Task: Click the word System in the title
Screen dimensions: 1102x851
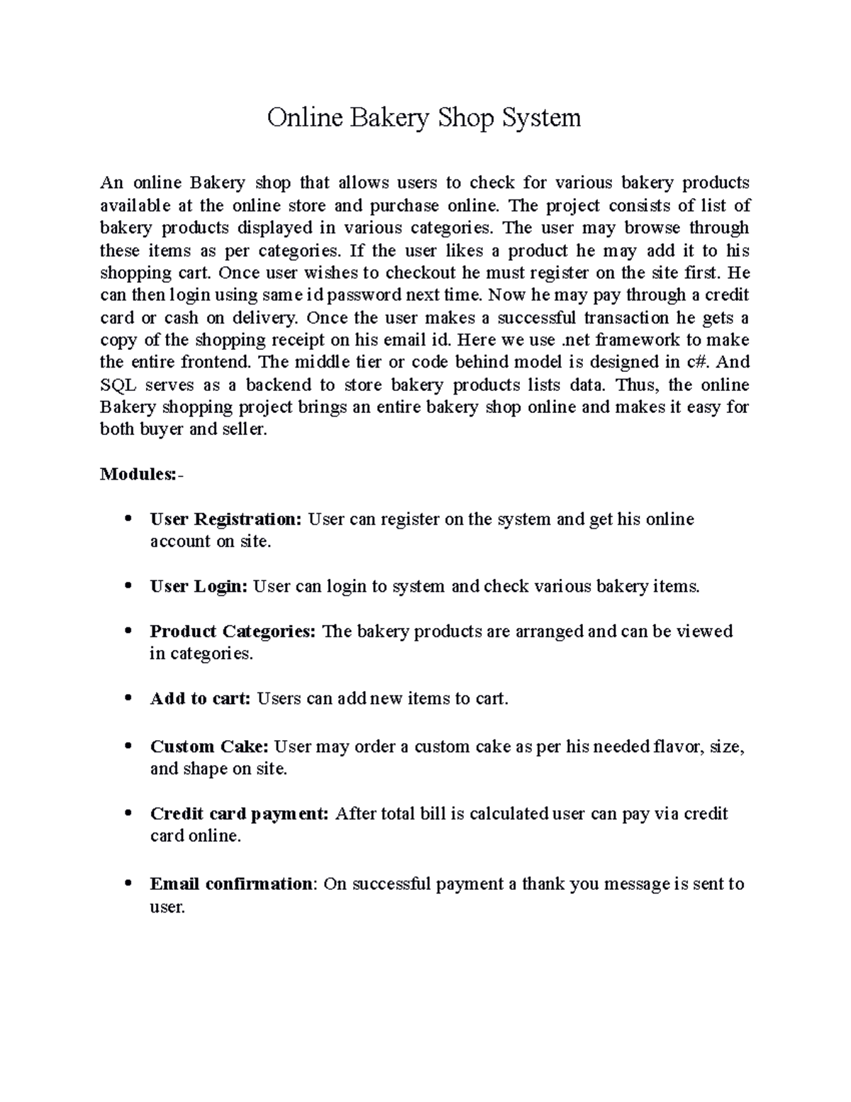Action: point(541,118)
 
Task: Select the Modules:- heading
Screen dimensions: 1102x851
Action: point(141,474)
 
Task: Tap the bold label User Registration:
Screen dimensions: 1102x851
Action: point(226,519)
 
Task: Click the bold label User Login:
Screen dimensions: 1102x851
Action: point(199,587)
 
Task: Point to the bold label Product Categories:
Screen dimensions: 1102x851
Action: point(233,632)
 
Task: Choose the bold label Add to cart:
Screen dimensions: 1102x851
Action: point(201,699)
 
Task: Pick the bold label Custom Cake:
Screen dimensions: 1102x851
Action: point(209,746)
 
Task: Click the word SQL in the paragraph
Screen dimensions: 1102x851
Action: point(117,385)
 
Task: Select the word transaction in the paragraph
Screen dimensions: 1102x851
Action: point(626,317)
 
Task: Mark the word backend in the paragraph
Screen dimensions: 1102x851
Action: point(279,385)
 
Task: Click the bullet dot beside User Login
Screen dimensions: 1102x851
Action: point(128,587)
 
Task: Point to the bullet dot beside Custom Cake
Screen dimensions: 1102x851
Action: point(128,746)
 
